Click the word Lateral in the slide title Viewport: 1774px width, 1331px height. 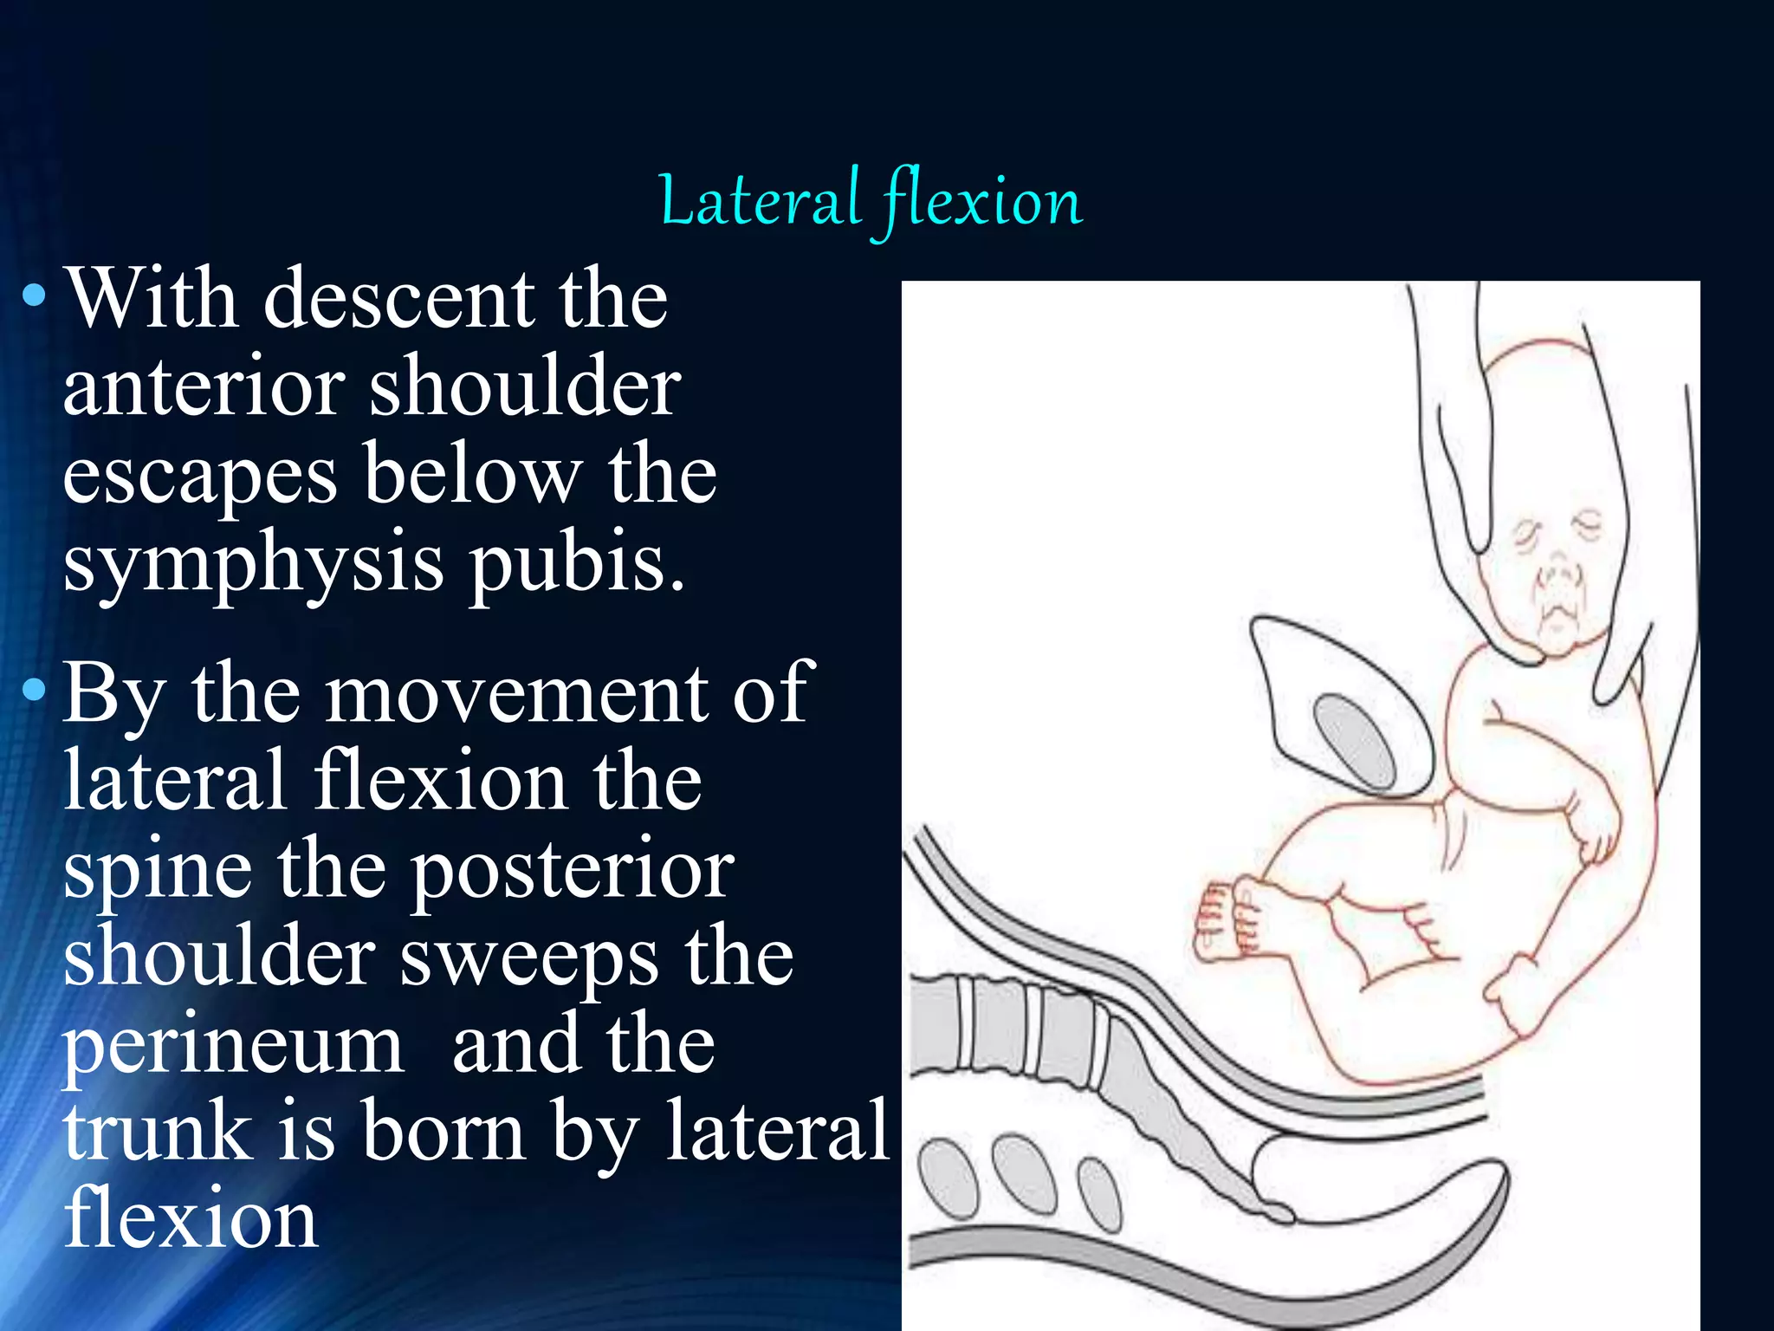[759, 201]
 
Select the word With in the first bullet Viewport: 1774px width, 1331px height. [152, 298]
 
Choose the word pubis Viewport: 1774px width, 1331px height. [577, 563]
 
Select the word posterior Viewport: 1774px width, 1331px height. [572, 870]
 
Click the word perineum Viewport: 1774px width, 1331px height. [232, 1047]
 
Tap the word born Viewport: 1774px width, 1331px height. [443, 1130]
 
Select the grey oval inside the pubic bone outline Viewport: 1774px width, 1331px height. [1356, 742]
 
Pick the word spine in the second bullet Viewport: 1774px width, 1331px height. [156, 872]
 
